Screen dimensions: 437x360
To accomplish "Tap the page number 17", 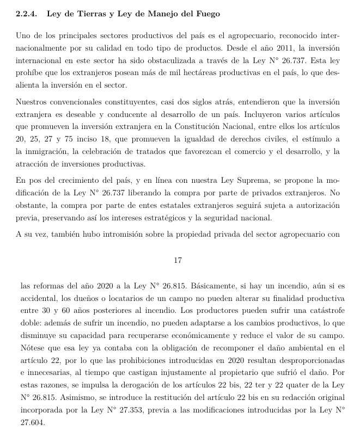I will [x=177, y=261].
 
